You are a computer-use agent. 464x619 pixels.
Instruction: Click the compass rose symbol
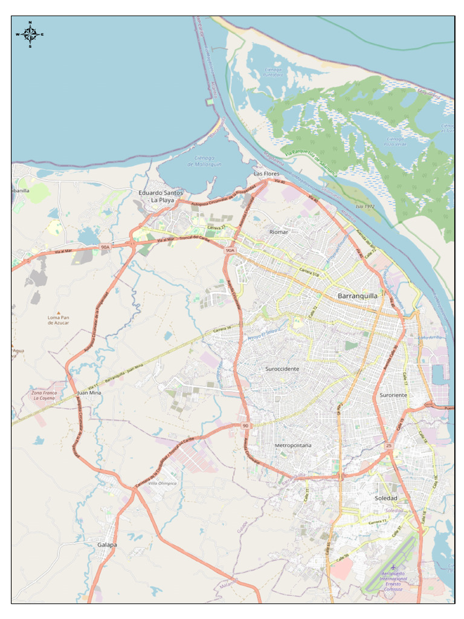pyautogui.click(x=30, y=34)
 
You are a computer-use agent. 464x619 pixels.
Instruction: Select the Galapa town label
pyautogui.click(x=108, y=545)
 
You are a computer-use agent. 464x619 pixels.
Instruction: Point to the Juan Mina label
pyautogui.click(x=89, y=393)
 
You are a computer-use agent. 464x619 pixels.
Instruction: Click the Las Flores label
pyautogui.click(x=266, y=173)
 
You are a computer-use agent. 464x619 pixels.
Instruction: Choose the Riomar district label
pyautogui.click(x=279, y=232)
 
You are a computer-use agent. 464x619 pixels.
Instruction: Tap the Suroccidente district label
pyautogui.click(x=282, y=368)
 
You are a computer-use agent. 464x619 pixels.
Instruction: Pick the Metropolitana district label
pyautogui.click(x=293, y=445)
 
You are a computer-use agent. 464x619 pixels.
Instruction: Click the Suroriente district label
pyautogui.click(x=393, y=395)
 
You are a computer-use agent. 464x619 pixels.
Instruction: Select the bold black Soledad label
pyautogui.click(x=386, y=498)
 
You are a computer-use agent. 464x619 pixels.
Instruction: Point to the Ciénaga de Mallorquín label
pyautogui.click(x=204, y=161)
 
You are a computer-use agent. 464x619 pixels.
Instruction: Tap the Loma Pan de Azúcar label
pyautogui.click(x=59, y=320)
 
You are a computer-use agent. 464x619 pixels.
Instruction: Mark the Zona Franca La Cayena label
pyautogui.click(x=44, y=395)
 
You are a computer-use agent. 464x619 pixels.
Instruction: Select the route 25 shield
pyautogui.click(x=388, y=446)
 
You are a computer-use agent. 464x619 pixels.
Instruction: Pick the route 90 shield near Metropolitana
pyautogui.click(x=245, y=426)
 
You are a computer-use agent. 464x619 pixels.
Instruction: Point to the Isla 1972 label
pyautogui.click(x=365, y=206)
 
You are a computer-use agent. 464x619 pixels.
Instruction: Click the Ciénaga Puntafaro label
pyautogui.click(x=273, y=72)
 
